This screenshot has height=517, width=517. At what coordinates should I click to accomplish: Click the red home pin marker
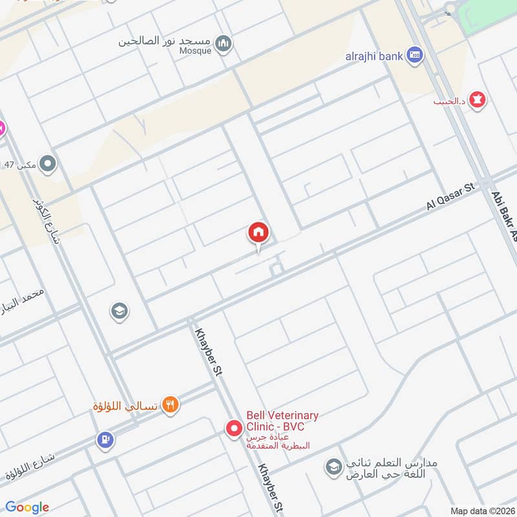[x=258, y=233]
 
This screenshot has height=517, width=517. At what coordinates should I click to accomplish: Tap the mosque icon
[x=224, y=44]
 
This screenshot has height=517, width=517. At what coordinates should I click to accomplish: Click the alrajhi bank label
[x=374, y=56]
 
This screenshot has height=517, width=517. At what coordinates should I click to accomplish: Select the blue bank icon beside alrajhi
[x=416, y=56]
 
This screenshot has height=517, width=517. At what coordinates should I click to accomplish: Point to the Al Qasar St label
[x=450, y=196]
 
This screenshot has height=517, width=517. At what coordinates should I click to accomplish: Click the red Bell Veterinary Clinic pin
[x=233, y=427]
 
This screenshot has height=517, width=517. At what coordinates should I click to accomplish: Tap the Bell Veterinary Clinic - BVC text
[x=282, y=421]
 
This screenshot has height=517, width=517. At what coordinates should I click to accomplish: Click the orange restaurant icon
[x=171, y=405]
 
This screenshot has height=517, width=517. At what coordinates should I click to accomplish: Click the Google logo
[x=26, y=507]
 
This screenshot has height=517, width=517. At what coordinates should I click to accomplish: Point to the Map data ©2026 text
[x=481, y=511]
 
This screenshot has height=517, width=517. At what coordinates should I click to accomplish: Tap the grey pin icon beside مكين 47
[x=47, y=165]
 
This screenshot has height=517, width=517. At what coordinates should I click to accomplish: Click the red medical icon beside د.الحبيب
[x=478, y=100]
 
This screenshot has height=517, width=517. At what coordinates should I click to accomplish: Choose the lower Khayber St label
[x=271, y=489]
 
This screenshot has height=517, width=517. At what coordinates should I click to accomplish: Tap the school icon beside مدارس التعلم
[x=333, y=467]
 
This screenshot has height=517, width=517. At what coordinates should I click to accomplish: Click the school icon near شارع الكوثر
[x=119, y=312]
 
